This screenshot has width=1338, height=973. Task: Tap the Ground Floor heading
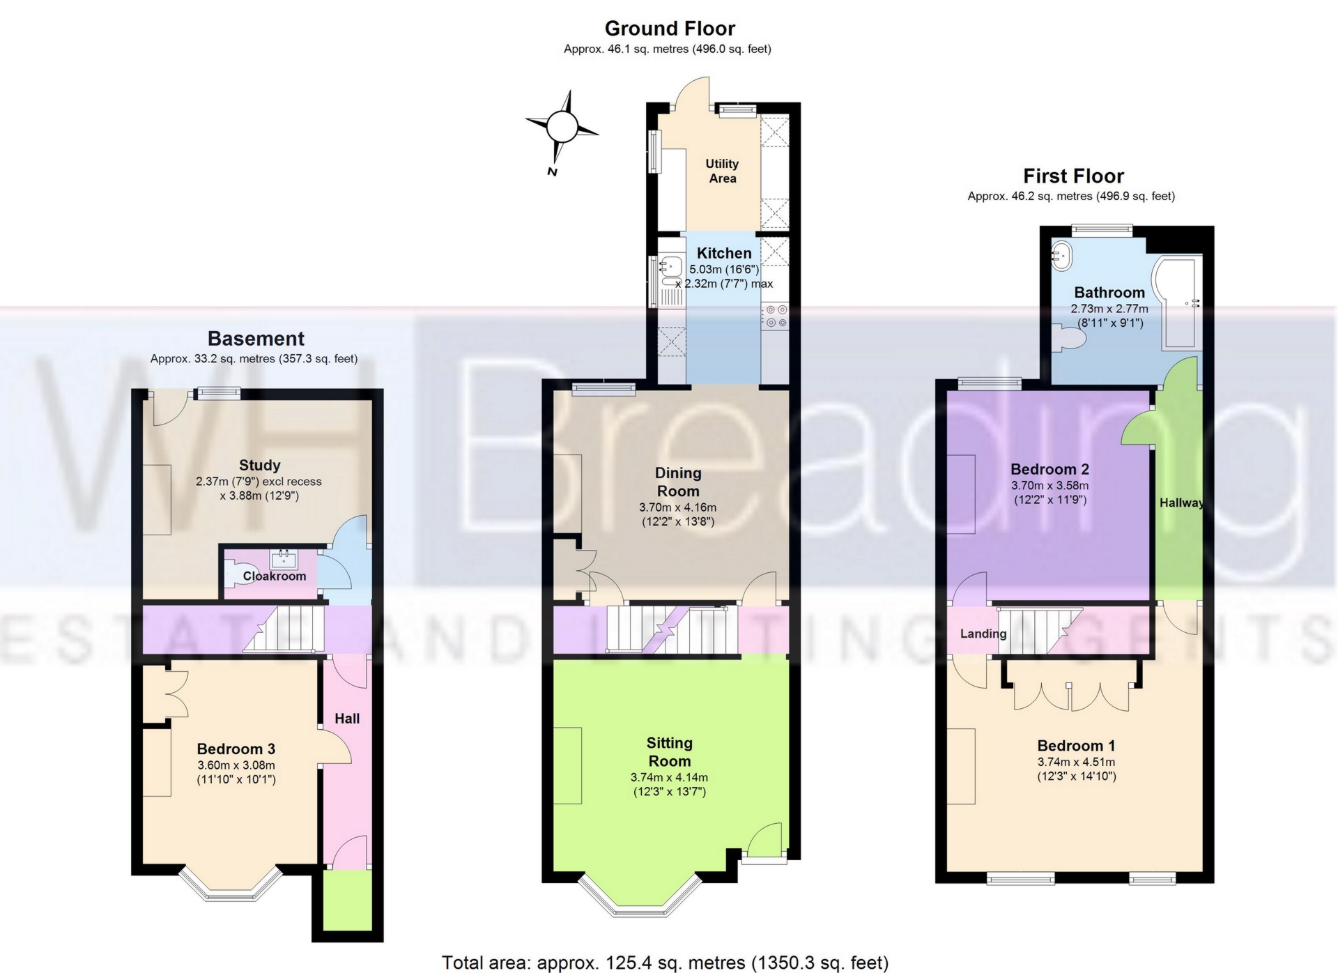coord(669,29)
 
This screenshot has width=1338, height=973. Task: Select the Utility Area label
coord(722,171)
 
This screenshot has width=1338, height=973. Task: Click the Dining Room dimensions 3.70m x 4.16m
coord(677,507)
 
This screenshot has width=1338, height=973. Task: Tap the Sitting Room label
coord(669,752)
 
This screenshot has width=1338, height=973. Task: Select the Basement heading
coord(256,339)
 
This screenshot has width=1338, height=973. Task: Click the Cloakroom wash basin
coord(284,558)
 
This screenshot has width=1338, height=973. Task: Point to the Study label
coord(259,465)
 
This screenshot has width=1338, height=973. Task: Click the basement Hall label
coord(347,719)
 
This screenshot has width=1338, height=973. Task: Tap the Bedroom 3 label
coord(236,749)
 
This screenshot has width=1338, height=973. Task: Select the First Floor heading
coord(1073,176)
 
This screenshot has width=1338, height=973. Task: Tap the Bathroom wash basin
coord(1062,256)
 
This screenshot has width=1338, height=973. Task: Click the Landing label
coord(983,634)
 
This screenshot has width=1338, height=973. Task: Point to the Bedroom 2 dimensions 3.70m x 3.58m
coord(1049,486)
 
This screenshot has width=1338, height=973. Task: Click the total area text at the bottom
coord(665,963)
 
